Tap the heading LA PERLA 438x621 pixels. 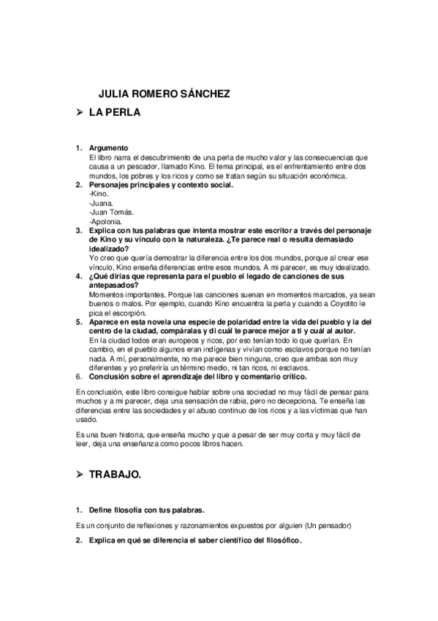coord(115,113)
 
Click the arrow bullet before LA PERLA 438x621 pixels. coord(80,113)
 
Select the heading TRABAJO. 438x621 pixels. coord(116,475)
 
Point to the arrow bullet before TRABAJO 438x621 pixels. coord(80,475)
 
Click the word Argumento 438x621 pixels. coord(108,149)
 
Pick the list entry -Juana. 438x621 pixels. coord(100,203)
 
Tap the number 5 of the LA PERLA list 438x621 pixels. coord(79,321)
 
